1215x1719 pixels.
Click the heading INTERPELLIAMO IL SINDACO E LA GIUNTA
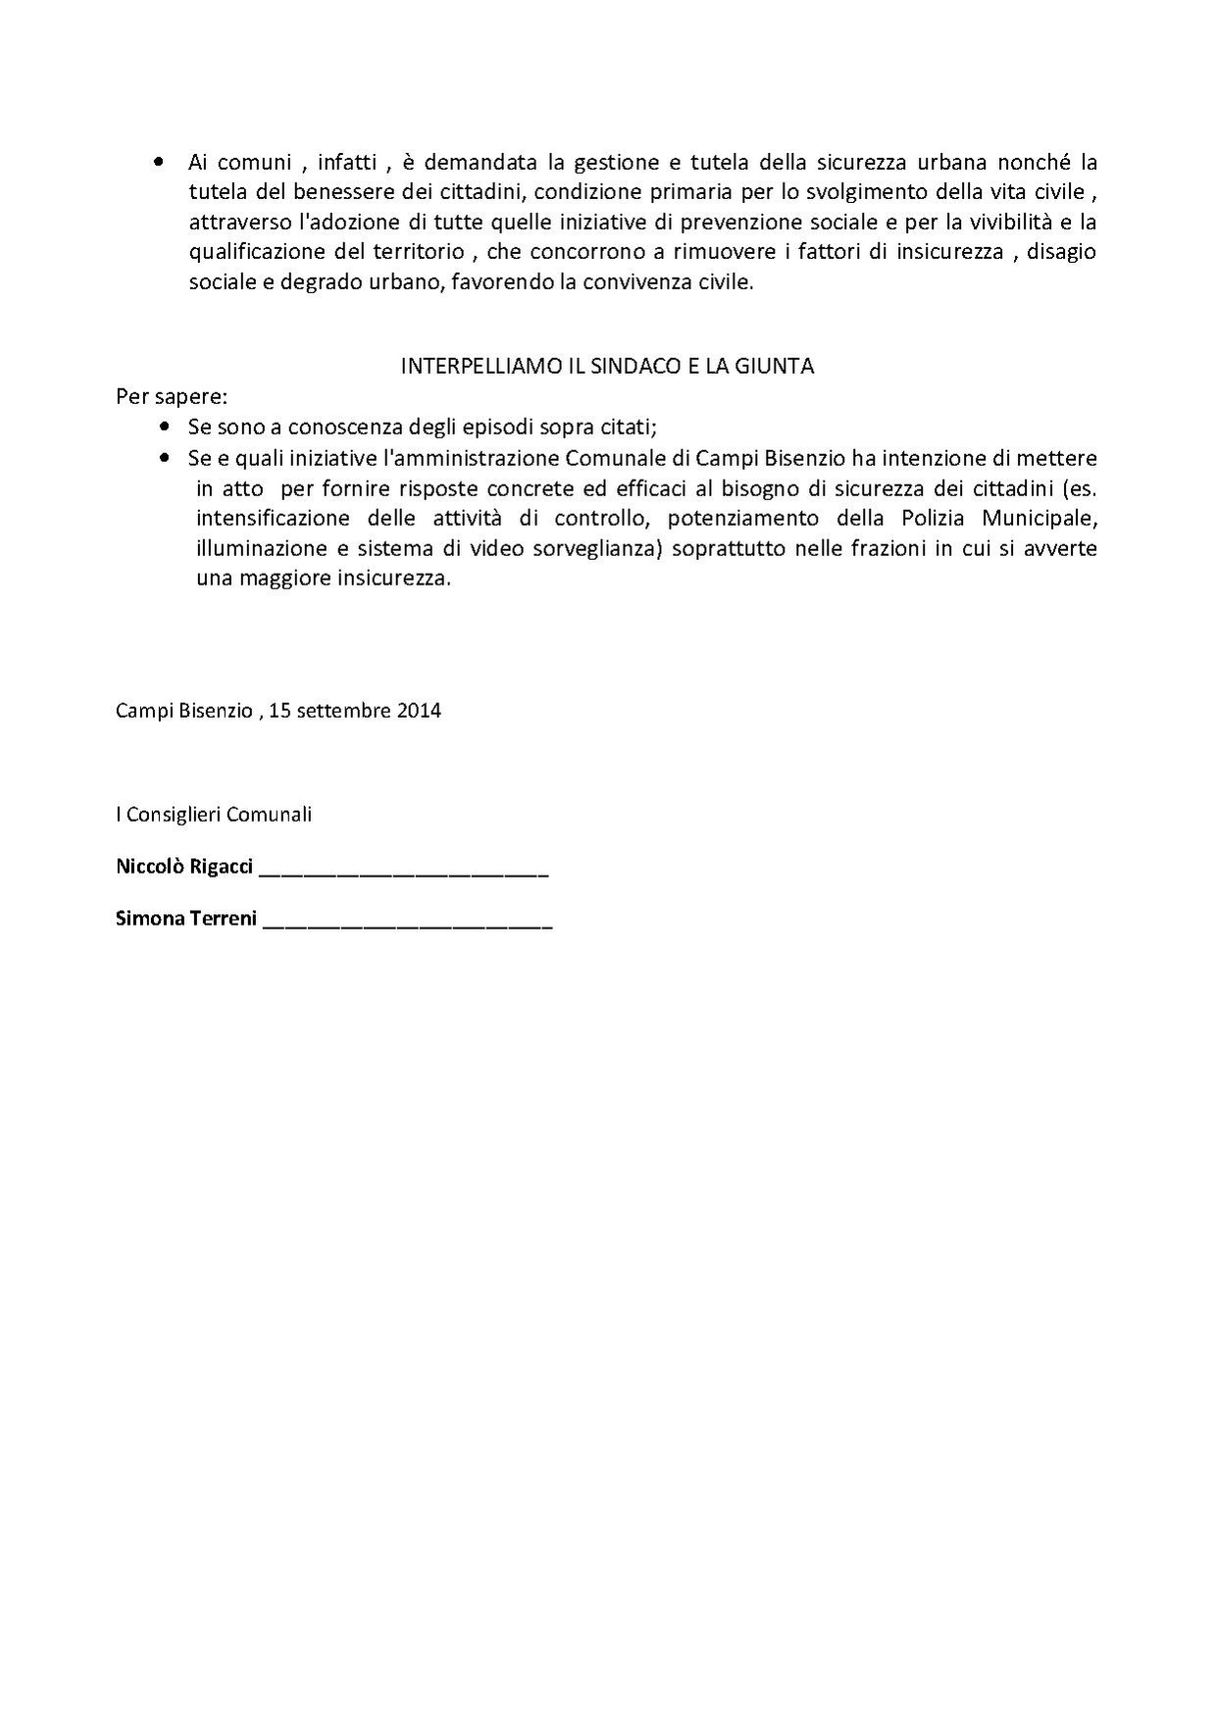pos(608,366)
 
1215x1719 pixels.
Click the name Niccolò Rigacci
pos(184,867)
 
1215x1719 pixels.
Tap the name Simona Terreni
pos(186,919)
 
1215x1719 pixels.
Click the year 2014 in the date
pos(419,710)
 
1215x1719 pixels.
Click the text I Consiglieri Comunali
pos(214,814)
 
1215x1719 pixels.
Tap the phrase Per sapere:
pos(172,397)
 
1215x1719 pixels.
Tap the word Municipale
pos(1040,518)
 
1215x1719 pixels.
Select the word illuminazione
pos(256,548)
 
